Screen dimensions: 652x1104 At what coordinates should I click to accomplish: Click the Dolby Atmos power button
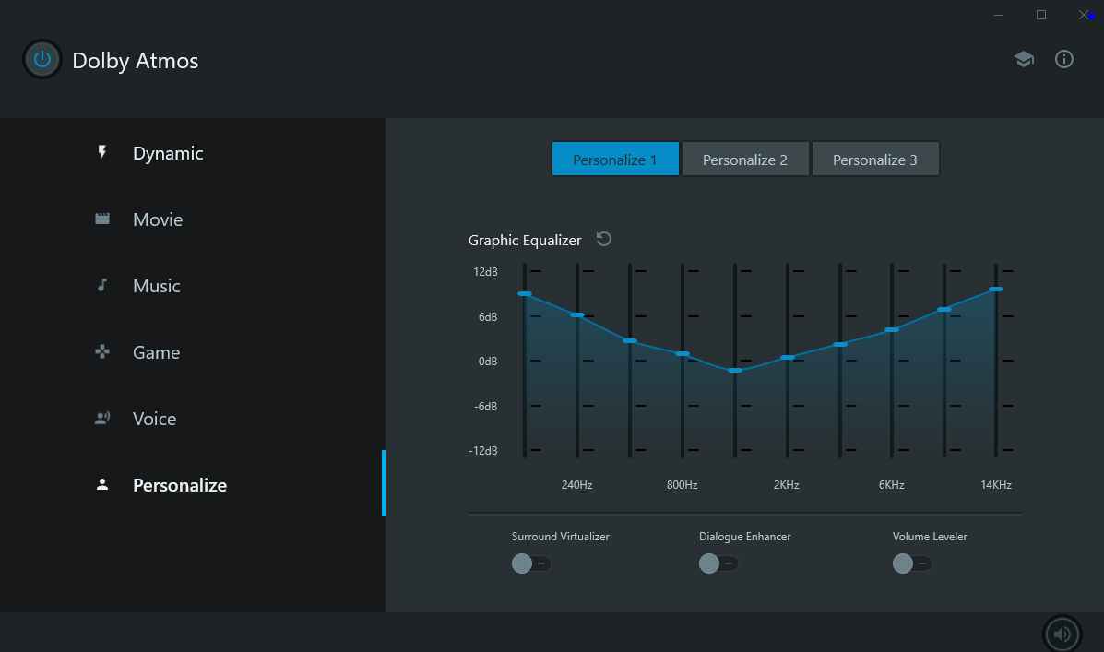point(42,60)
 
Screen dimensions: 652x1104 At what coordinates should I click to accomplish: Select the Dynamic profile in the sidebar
point(167,153)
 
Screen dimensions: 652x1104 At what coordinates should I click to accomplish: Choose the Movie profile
point(157,219)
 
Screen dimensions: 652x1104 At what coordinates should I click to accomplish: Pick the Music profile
point(156,286)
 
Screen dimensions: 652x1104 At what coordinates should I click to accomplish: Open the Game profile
point(156,352)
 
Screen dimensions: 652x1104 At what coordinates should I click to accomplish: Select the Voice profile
point(154,419)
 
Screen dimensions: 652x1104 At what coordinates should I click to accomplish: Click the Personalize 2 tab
point(745,160)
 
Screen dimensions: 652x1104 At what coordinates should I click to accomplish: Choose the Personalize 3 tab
point(875,160)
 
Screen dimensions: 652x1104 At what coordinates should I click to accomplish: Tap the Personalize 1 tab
point(615,160)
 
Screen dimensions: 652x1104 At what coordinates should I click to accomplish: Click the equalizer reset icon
point(604,240)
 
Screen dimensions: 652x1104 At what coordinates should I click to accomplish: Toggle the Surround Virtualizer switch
point(531,563)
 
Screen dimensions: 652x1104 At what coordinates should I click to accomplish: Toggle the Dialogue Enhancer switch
point(718,563)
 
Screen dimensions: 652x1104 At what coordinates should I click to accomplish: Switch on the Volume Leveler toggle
point(912,563)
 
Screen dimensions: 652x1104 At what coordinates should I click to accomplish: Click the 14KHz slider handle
point(996,290)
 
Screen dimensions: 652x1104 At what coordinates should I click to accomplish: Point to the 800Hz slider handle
point(683,354)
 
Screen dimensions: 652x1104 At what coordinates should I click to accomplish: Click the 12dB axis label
point(485,272)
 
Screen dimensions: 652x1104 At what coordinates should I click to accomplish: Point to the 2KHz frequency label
point(787,485)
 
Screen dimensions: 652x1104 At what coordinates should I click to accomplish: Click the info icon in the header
point(1064,60)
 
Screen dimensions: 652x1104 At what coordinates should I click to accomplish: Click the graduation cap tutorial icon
point(1024,60)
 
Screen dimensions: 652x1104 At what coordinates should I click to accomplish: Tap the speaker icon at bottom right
point(1062,634)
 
